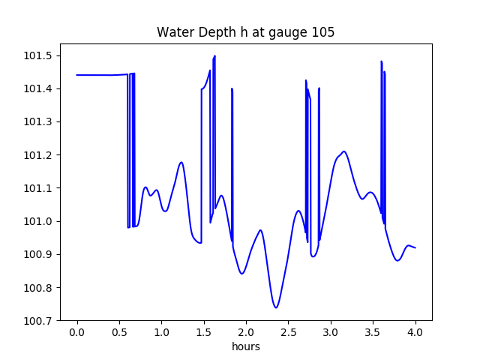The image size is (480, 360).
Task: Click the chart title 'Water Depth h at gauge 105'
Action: tap(245, 32)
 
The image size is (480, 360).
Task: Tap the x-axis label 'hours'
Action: tap(246, 346)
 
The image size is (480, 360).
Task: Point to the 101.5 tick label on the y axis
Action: tap(38, 56)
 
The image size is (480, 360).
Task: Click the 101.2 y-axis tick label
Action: tap(38, 155)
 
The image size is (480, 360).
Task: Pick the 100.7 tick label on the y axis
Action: tap(38, 321)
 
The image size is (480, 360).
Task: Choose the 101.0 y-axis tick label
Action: tap(38, 221)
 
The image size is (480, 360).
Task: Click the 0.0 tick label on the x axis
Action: tap(76, 332)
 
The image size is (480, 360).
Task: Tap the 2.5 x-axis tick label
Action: tap(288, 332)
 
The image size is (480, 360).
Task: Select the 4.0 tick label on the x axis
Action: tap(415, 332)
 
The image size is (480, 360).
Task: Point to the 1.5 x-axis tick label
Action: tap(203, 332)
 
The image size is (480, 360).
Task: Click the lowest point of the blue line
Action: tap(276, 307)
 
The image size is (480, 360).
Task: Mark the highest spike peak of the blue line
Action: tap(215, 55)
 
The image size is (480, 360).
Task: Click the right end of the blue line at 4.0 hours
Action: tap(415, 247)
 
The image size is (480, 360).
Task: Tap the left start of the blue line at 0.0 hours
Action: tap(76, 75)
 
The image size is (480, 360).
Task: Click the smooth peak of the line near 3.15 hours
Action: tap(344, 151)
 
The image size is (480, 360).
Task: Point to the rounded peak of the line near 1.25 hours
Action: tap(181, 162)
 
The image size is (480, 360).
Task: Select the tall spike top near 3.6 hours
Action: tap(382, 61)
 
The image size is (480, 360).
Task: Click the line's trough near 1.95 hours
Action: tap(241, 273)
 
